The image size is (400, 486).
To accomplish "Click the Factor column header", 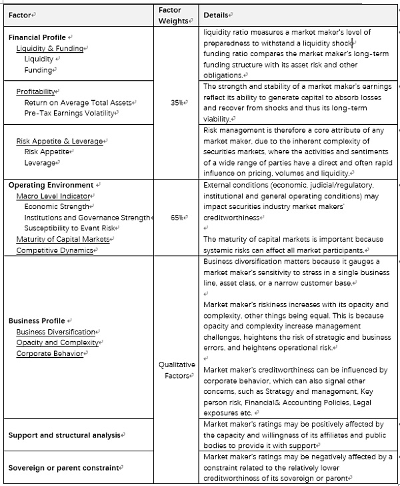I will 21,14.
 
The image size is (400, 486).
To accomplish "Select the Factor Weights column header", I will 175,15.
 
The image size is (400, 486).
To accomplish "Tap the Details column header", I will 217,14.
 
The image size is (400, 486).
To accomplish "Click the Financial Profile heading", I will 39,37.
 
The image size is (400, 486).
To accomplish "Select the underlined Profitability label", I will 37,92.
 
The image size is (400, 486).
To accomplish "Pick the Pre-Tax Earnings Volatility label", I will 71,113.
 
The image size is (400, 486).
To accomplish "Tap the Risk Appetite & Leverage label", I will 60,141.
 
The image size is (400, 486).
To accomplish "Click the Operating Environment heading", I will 51,185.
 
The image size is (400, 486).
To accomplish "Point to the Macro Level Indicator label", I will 53,196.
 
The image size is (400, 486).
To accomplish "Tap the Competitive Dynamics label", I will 53,250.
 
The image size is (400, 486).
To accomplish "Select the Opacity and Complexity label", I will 57,342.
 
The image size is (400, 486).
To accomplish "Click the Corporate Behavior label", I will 51,353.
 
